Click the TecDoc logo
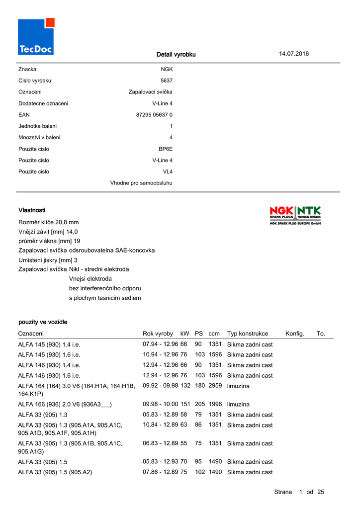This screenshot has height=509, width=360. [36, 36]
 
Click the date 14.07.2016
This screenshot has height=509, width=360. [294, 54]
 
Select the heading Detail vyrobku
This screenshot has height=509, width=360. [176, 54]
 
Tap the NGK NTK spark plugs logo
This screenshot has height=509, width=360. [295, 216]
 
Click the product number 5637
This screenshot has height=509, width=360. [167, 81]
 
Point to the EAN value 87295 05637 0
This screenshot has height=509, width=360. [154, 115]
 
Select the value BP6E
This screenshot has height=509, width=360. [166, 149]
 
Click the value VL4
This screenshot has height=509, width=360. [168, 172]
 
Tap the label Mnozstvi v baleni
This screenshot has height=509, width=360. [39, 138]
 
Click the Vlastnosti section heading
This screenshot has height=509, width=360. [32, 211]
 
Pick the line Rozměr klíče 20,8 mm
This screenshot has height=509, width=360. [49, 222]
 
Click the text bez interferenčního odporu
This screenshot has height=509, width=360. [105, 288]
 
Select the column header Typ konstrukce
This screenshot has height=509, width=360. [248, 334]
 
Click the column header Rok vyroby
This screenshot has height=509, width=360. [158, 334]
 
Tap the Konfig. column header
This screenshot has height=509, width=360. [295, 334]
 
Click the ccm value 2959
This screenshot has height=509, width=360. [215, 386]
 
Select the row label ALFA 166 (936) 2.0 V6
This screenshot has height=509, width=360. [65, 405]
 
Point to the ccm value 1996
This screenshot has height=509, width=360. [215, 405]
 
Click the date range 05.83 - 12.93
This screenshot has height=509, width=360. [161, 462]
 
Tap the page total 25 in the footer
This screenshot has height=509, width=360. [320, 492]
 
